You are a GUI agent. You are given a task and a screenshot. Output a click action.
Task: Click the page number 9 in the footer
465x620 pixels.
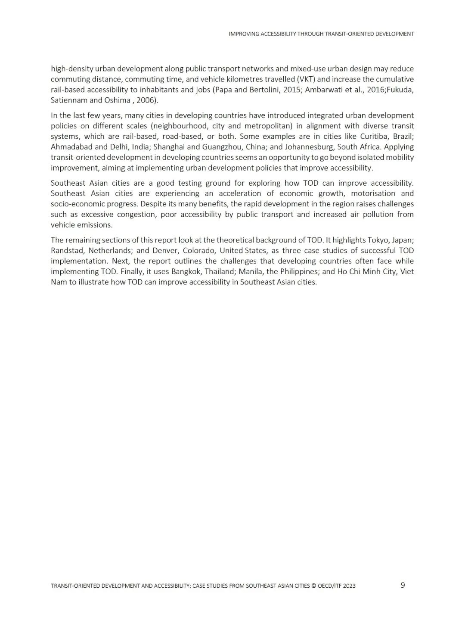403,585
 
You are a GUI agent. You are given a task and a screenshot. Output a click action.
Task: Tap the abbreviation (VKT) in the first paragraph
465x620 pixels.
307,79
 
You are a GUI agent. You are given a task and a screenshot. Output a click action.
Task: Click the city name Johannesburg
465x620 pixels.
309,147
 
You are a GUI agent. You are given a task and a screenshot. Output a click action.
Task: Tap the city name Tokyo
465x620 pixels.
378,240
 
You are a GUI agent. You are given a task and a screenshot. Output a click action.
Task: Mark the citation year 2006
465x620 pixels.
146,100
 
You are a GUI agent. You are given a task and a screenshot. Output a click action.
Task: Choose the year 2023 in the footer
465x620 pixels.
349,586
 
